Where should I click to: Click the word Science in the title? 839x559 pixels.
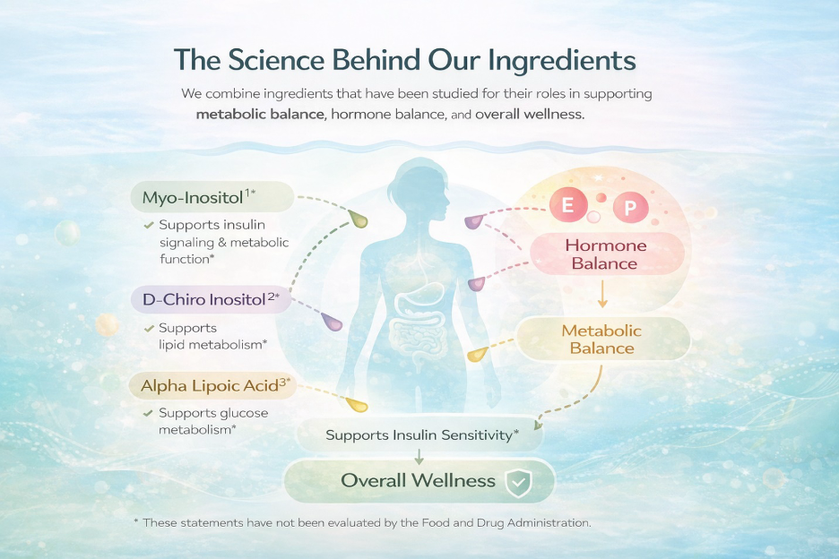coord(276,59)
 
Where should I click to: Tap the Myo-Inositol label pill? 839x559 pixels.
coord(212,197)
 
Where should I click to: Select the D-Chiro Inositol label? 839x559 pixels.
coord(212,299)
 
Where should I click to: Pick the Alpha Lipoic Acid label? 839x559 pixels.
coord(213,386)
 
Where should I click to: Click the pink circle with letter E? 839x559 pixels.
coord(568,205)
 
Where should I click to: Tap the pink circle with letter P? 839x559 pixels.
coord(630,207)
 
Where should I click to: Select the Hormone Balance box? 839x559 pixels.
coord(607,254)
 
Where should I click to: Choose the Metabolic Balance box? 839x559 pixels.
coord(602,340)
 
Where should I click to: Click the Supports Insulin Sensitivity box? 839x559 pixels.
coord(420,434)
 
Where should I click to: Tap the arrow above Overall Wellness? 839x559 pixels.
coord(419,456)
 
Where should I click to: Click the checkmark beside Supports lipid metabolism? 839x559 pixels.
coord(149,329)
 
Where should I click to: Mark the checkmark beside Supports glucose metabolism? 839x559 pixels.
coord(149,414)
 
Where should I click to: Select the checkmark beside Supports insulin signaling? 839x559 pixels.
coord(149,225)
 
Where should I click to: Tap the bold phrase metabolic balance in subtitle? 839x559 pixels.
coord(260,114)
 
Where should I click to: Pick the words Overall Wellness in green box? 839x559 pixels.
coord(419,480)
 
